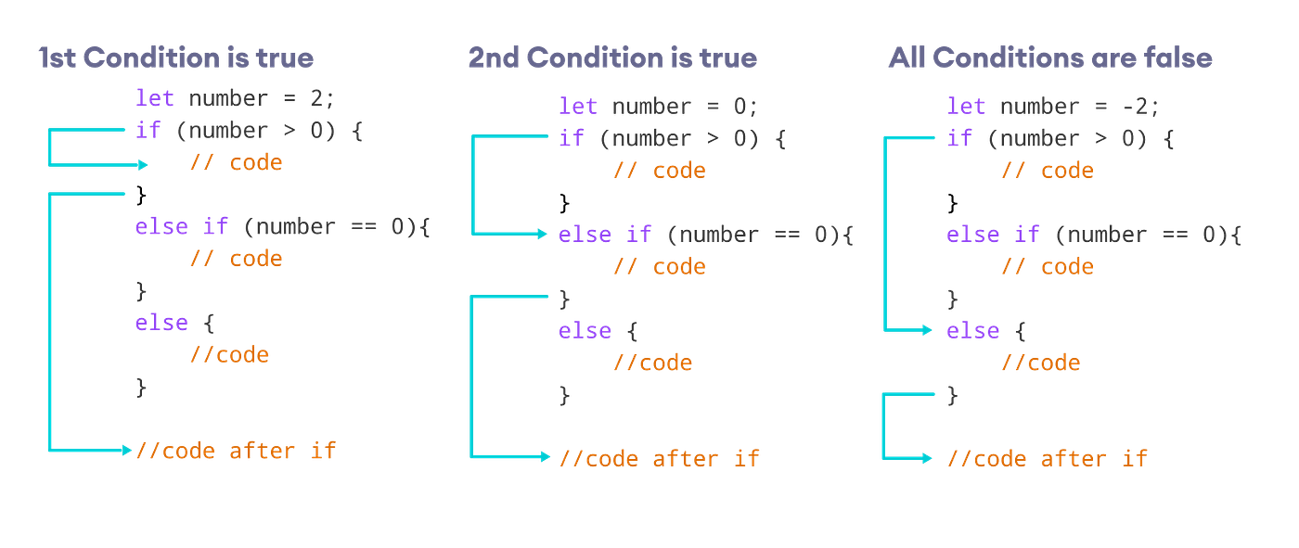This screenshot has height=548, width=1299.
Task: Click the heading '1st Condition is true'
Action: click(x=175, y=59)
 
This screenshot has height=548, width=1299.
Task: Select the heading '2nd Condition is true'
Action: click(x=611, y=59)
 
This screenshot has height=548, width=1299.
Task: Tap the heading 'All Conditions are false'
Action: click(x=1049, y=59)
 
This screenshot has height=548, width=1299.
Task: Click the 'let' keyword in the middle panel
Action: click(x=577, y=107)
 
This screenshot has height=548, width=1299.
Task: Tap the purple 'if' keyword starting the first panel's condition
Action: click(x=148, y=130)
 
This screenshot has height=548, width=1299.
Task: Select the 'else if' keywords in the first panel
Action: click(x=182, y=226)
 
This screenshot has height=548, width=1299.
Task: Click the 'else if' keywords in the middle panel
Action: click(x=605, y=235)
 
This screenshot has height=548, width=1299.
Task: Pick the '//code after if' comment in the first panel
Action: click(x=237, y=452)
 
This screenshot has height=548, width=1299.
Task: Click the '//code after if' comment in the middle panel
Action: click(x=660, y=458)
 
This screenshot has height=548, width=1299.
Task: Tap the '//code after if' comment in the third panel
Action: click(x=1048, y=458)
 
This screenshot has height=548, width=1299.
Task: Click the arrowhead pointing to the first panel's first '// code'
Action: click(x=142, y=165)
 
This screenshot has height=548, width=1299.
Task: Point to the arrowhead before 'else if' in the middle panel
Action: click(x=545, y=235)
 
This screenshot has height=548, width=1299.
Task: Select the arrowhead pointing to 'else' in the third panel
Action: click(x=928, y=330)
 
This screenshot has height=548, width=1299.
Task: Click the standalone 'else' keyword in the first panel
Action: click(x=161, y=323)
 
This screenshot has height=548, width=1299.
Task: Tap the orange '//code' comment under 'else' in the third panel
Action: click(x=1040, y=363)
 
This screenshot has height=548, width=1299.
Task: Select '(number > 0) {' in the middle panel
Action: click(x=692, y=139)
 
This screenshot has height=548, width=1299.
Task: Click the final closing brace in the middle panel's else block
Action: click(x=565, y=394)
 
